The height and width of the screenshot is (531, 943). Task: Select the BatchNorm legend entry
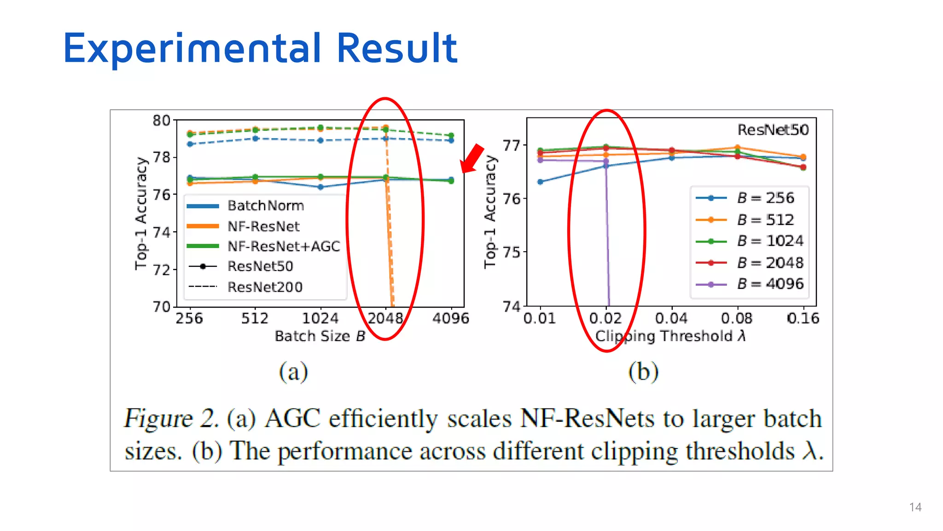click(265, 206)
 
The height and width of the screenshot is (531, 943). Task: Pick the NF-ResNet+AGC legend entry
click(284, 247)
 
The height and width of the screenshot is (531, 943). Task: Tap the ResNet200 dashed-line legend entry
click(265, 287)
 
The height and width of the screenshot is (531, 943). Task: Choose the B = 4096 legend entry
click(770, 284)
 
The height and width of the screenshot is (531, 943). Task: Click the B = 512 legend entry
click(765, 220)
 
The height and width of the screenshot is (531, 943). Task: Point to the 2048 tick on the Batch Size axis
click(385, 318)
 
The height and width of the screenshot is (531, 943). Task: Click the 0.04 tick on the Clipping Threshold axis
click(671, 318)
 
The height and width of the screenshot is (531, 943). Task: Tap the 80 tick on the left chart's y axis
click(162, 120)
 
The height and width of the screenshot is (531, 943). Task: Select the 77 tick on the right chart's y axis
click(511, 146)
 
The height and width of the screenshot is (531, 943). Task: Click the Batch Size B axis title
click(320, 336)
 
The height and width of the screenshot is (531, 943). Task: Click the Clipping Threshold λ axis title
click(670, 336)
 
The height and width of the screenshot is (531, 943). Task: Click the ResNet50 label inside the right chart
click(773, 130)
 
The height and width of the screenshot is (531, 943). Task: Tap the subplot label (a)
click(293, 372)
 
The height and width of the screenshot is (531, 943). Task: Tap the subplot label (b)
click(643, 372)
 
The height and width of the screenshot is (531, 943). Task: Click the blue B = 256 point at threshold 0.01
click(541, 182)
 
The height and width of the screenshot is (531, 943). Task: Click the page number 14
click(915, 507)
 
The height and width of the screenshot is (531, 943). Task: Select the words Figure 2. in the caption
click(171, 419)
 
